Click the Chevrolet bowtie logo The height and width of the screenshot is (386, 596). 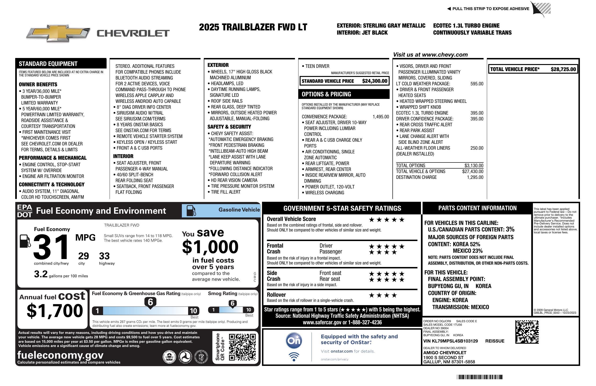[x=58, y=33]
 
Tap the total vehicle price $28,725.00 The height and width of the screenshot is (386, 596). [x=563, y=69]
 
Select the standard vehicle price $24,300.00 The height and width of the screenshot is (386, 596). [x=375, y=81]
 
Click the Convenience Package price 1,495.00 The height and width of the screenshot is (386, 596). [x=381, y=117]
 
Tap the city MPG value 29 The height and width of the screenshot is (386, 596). [x=83, y=256]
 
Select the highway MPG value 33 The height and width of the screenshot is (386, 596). [x=104, y=256]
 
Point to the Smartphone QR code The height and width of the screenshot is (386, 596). [x=242, y=347]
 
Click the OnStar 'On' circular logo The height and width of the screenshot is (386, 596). [x=294, y=341]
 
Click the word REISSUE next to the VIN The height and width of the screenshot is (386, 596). [x=495, y=341]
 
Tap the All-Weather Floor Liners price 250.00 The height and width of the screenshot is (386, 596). [x=477, y=148]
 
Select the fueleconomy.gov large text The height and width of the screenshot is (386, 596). [x=60, y=355]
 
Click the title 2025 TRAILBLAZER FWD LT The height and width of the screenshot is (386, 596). [x=253, y=27]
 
